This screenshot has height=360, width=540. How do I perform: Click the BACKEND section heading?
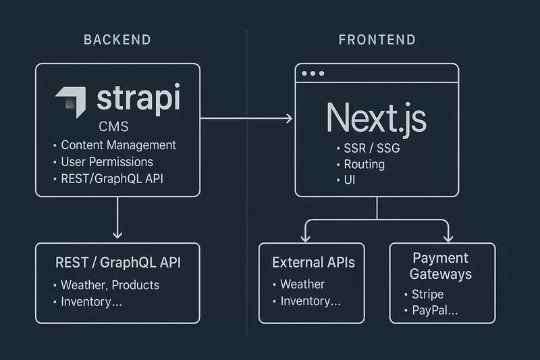click(117, 40)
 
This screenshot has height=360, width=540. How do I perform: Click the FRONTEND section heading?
click(377, 40)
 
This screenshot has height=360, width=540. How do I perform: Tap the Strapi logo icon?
click(71, 102)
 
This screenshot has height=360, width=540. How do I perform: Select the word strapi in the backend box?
click(138, 99)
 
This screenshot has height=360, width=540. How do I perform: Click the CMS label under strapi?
click(113, 127)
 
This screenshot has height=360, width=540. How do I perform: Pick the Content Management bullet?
click(117, 145)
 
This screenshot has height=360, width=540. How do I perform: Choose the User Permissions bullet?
click(106, 161)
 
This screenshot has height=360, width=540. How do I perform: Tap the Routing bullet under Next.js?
click(364, 164)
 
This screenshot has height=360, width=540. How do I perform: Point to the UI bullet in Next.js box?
click(350, 180)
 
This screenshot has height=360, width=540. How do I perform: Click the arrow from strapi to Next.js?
click(246, 118)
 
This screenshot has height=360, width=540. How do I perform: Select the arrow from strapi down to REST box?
click(117, 216)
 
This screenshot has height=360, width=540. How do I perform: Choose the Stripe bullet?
click(427, 294)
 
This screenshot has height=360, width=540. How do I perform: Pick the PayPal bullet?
click(434, 311)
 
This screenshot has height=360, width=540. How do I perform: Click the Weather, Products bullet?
click(109, 284)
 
